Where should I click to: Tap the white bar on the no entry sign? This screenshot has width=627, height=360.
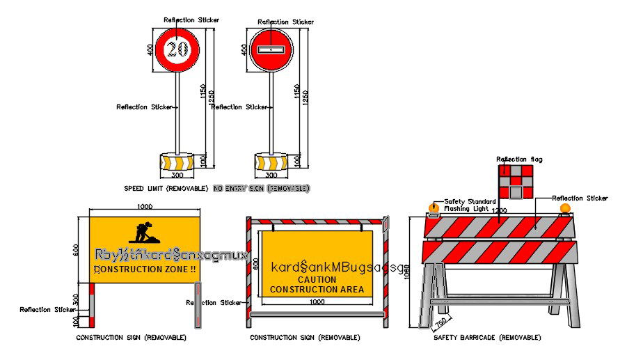click(x=271, y=50)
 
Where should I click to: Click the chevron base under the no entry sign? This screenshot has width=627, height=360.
click(x=271, y=162)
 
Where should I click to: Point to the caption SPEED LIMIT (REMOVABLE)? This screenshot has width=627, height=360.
click(x=166, y=189)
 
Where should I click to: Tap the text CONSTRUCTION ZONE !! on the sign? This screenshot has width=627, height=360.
click(x=145, y=269)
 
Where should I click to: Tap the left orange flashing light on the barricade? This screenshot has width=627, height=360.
click(x=434, y=208)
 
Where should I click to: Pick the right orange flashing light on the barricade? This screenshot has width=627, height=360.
click(x=564, y=208)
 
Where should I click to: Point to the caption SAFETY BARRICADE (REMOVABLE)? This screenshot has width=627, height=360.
click(x=486, y=337)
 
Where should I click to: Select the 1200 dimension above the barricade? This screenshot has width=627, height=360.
click(x=499, y=210)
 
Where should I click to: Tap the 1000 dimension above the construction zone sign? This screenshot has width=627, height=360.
click(x=145, y=207)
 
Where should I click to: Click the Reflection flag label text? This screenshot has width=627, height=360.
click(x=518, y=159)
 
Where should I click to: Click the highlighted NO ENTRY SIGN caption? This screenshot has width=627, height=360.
click(x=261, y=189)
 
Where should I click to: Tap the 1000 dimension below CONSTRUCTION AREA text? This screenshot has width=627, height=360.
click(x=317, y=302)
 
